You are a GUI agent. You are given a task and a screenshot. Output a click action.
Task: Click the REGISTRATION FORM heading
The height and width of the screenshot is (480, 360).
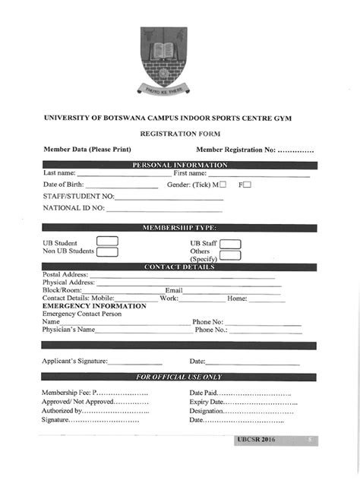[x=179, y=133]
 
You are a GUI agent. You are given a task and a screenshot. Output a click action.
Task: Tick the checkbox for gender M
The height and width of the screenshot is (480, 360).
[x=223, y=185]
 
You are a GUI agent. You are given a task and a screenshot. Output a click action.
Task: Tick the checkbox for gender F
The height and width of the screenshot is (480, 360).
[x=247, y=185]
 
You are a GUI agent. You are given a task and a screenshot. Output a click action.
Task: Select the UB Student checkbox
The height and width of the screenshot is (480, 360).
[x=107, y=242]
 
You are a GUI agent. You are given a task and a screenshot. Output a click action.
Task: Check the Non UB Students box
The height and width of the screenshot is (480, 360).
[x=107, y=251]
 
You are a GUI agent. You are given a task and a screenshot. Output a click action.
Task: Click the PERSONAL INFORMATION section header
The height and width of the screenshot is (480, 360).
[x=179, y=165]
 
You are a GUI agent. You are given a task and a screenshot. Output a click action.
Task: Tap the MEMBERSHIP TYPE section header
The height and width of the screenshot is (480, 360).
[x=179, y=227]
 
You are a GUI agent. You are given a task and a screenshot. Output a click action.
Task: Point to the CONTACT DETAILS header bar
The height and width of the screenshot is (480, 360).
[x=179, y=267]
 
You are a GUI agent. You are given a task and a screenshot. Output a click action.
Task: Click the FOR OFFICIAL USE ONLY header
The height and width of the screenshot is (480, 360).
[x=179, y=377]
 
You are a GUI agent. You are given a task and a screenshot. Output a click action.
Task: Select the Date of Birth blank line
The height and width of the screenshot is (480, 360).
[x=122, y=187]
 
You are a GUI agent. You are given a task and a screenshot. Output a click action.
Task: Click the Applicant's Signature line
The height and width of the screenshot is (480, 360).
[x=135, y=363]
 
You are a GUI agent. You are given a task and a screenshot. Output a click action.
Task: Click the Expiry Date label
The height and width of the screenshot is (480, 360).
[x=206, y=402]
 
